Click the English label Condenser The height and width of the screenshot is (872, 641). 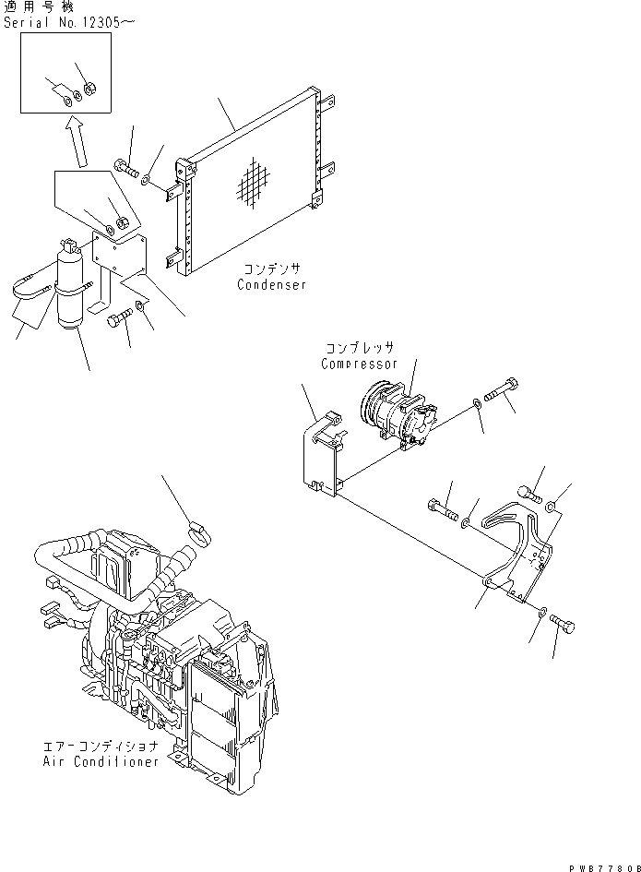[271, 285]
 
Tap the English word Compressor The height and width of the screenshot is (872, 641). [358, 364]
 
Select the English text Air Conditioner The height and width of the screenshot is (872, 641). [101, 761]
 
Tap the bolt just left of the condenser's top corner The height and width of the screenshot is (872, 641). [126, 169]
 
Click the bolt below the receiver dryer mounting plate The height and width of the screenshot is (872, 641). [119, 319]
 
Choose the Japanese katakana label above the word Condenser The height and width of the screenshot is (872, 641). [271, 269]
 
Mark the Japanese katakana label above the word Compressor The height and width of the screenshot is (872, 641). [358, 349]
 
